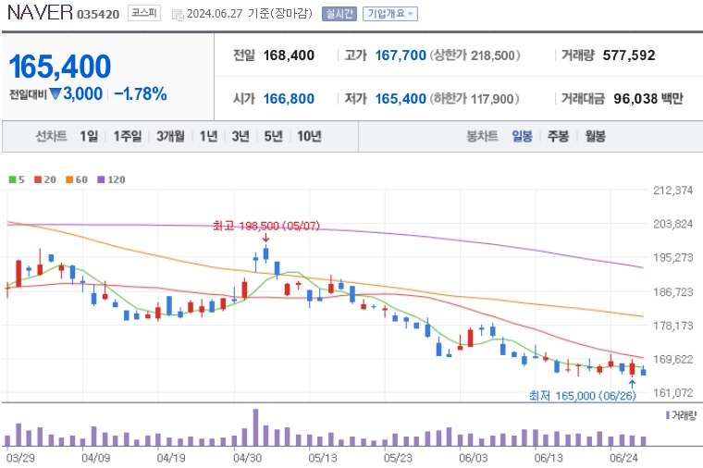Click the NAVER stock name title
click(38, 14)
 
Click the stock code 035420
click(98, 15)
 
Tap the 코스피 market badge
click(143, 14)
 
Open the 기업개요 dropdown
click(389, 14)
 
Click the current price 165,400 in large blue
click(60, 67)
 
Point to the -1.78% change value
click(140, 93)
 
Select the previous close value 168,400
click(289, 55)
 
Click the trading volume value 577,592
click(628, 55)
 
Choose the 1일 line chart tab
click(89, 136)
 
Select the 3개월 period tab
click(170, 136)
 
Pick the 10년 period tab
click(309, 136)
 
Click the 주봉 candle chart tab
click(557, 136)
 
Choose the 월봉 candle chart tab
click(594, 136)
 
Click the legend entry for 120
click(110, 179)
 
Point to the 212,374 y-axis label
click(672, 191)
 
